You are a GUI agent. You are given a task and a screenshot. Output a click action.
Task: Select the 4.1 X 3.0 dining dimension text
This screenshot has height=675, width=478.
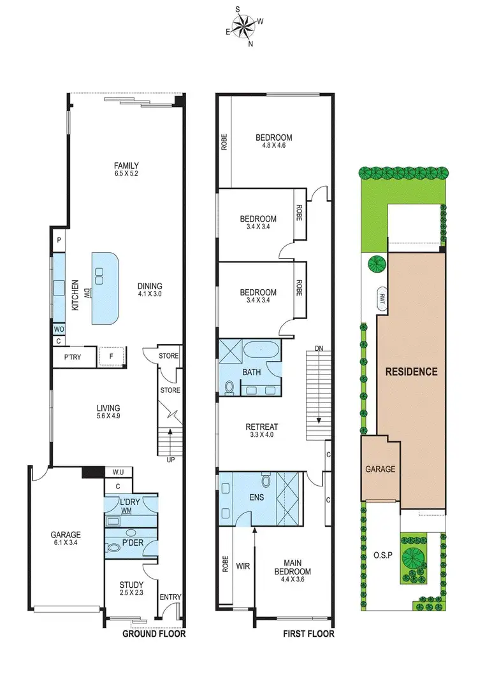click(150, 295)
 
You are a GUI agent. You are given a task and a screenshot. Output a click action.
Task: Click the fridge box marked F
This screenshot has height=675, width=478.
click(111, 357)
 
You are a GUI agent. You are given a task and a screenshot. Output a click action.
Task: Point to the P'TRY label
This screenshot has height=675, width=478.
click(73, 357)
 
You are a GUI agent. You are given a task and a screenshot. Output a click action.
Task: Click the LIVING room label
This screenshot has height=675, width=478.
click(108, 408)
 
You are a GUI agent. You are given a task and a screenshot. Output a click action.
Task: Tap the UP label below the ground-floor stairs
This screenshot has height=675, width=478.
click(169, 459)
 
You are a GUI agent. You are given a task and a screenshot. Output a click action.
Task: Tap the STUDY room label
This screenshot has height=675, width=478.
click(131, 585)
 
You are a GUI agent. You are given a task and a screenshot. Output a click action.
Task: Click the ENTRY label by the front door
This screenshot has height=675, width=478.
click(171, 597)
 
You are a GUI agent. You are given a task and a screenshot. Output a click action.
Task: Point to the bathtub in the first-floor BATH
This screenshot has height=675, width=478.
click(262, 350)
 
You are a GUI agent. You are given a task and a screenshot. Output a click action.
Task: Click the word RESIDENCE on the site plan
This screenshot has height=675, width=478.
click(411, 372)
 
